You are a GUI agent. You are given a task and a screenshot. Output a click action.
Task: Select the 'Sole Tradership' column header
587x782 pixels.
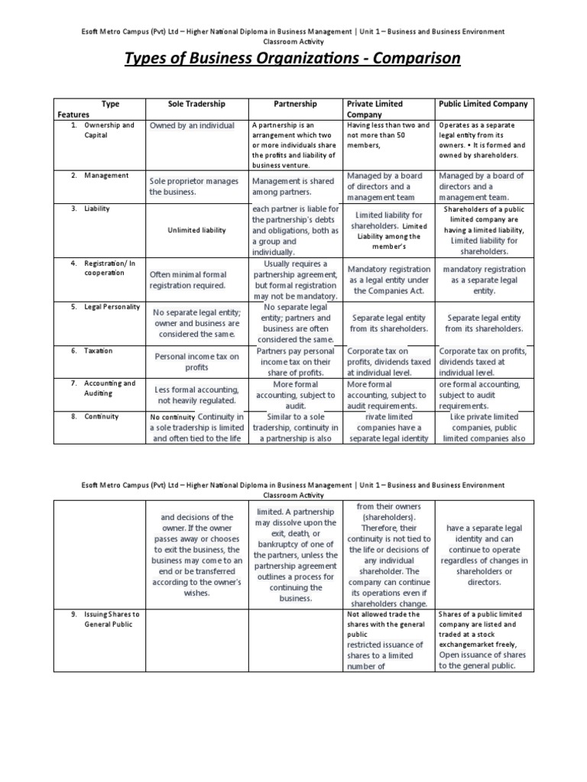coord(196,104)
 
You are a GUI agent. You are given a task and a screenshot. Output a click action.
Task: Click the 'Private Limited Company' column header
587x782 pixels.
coord(375,108)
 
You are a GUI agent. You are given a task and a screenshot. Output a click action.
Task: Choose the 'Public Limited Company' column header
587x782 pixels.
coord(483,104)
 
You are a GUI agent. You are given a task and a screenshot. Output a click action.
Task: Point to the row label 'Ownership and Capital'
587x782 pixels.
coord(109,130)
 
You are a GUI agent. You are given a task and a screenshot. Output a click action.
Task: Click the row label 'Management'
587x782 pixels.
coord(105,176)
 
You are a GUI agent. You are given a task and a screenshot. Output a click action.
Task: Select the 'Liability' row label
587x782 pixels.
coord(97,208)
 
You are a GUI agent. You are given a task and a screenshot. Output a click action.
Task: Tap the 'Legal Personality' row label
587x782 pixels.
coord(112,307)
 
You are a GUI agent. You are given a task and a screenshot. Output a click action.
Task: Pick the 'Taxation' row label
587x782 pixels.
coord(98,351)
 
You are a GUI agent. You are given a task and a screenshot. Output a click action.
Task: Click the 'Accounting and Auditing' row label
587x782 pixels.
coord(109,388)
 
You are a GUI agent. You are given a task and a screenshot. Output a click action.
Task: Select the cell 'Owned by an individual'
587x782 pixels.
coord(192,125)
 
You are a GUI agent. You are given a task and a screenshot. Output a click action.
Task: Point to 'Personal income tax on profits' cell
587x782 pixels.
coord(197,361)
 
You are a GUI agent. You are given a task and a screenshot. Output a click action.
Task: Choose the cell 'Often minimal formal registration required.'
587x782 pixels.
coord(188,280)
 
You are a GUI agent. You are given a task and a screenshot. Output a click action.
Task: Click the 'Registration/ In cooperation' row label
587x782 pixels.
coord(109,267)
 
